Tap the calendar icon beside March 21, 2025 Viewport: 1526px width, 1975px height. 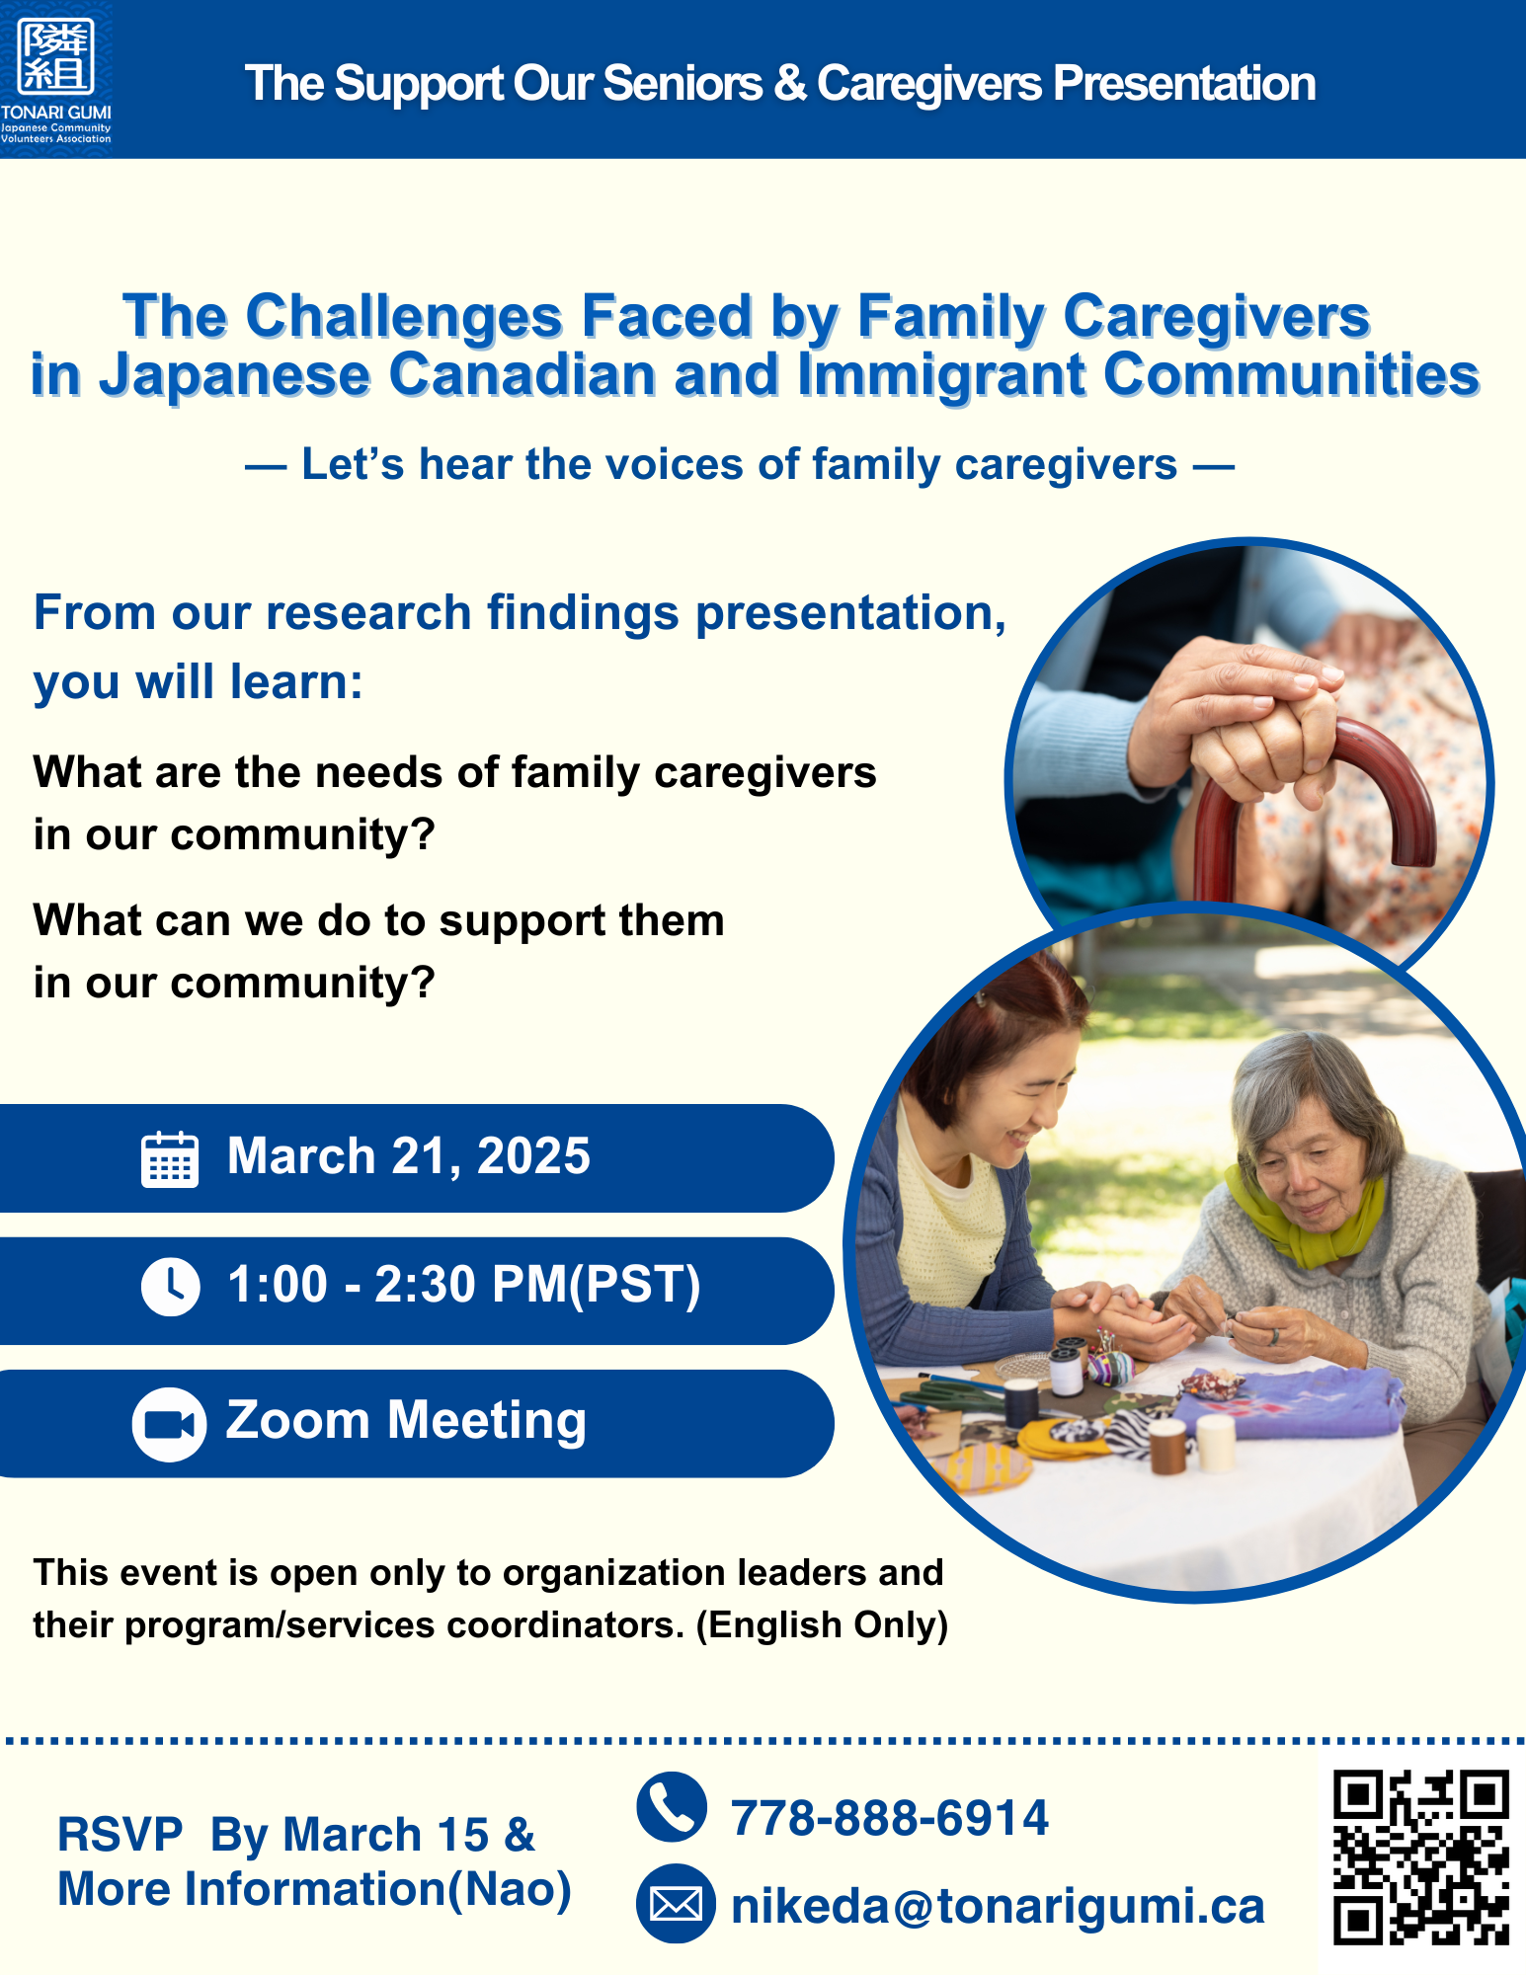click(170, 1158)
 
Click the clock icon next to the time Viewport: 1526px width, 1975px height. click(170, 1286)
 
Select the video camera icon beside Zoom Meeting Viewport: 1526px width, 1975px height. click(169, 1424)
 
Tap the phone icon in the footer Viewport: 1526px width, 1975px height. click(672, 1807)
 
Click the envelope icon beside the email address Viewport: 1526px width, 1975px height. click(676, 1904)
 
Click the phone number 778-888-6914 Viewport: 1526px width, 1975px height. click(889, 1818)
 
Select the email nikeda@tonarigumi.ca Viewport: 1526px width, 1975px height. click(998, 1906)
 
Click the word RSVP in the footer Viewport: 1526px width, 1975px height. click(120, 1835)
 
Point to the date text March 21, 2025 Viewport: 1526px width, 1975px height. click(409, 1156)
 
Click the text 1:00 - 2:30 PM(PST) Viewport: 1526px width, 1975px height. click(464, 1285)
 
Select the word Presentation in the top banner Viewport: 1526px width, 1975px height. click(1184, 84)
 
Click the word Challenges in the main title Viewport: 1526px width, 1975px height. click(404, 317)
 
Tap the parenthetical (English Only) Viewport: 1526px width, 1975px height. click(822, 1624)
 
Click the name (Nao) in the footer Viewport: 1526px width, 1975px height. click(510, 1889)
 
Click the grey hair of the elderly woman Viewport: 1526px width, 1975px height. click(1314, 1076)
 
